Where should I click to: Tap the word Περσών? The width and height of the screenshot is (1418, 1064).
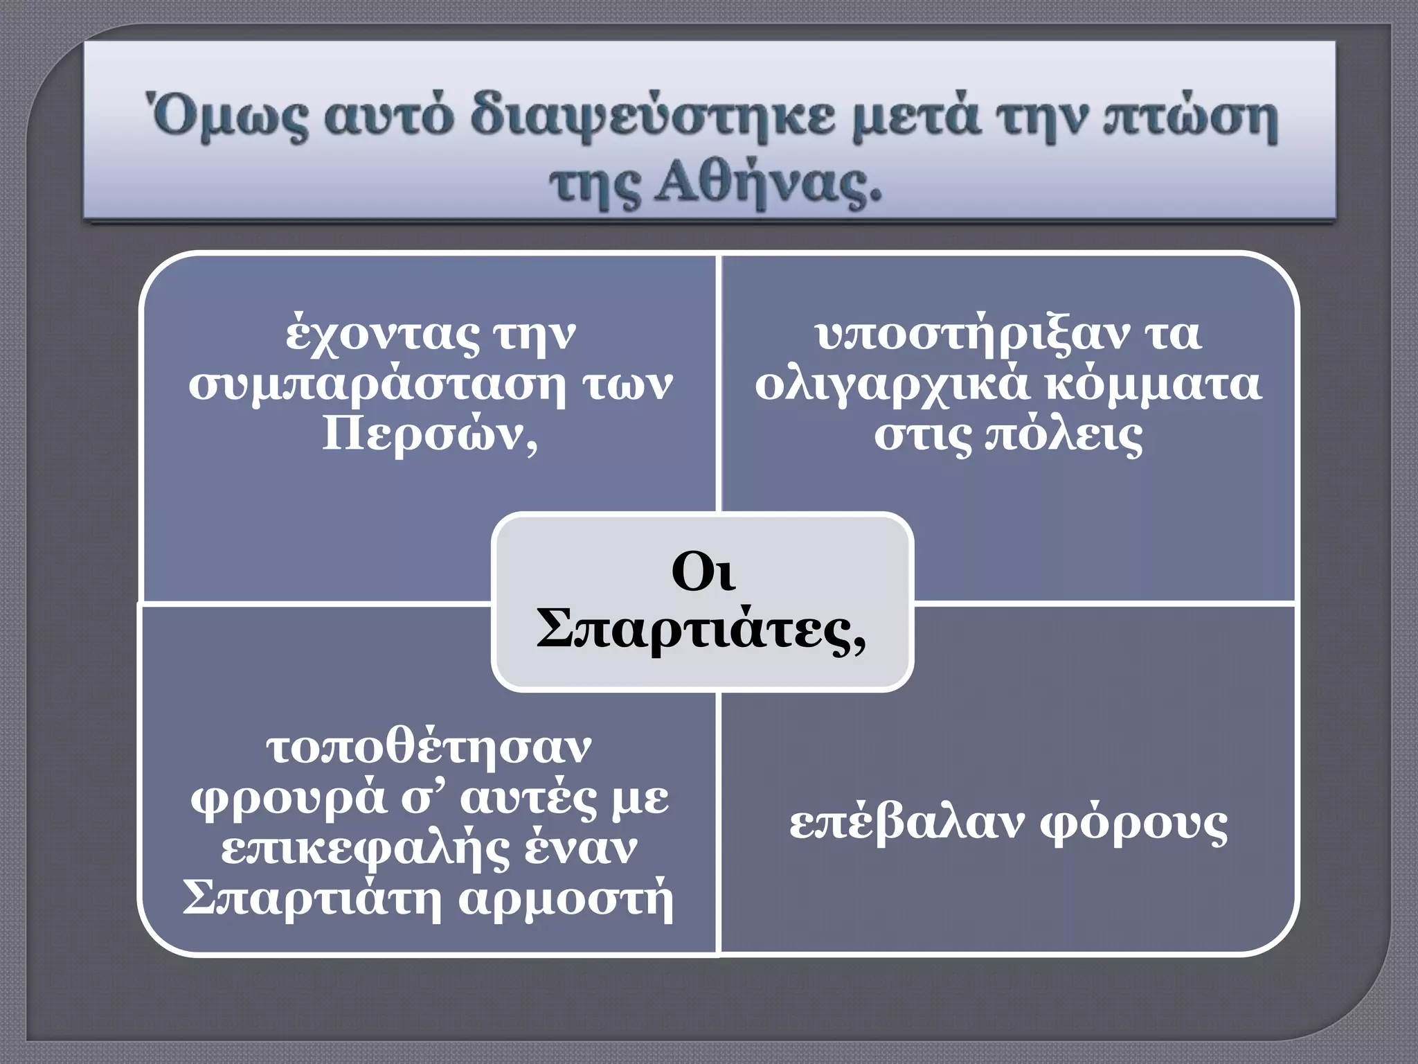[429, 435]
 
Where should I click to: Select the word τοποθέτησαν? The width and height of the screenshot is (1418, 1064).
[429, 748]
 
